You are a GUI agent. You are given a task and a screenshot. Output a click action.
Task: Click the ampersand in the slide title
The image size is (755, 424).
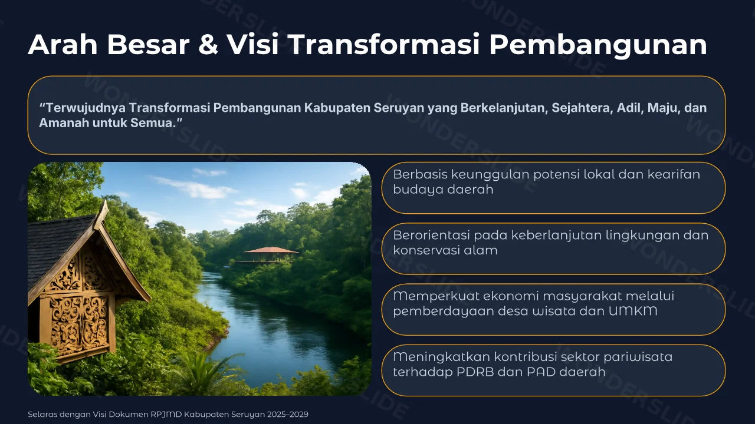[208, 45]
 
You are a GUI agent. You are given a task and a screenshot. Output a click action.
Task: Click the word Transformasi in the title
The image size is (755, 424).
[384, 44]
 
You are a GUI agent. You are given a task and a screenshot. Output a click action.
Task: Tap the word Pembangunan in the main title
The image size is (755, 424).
[598, 45]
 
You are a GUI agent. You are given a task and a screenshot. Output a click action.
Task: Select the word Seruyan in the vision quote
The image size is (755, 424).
[399, 108]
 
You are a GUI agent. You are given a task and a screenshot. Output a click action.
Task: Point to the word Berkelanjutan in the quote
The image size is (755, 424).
[504, 108]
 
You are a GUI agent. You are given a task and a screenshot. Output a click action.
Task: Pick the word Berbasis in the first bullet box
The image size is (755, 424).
[420, 174]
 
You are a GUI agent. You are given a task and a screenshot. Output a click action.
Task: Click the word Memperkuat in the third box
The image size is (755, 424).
[432, 296]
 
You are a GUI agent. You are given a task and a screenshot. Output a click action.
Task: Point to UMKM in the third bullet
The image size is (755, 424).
[633, 311]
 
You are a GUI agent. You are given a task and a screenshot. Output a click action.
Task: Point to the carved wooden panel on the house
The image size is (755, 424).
[79, 323]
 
